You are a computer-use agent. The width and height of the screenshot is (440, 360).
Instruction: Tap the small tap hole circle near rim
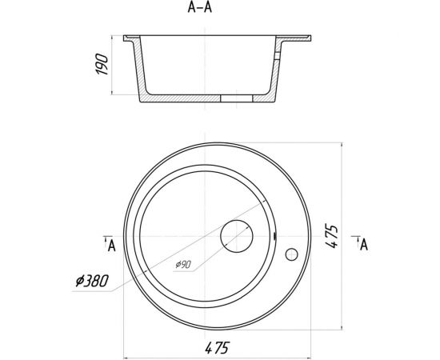[x=291, y=255]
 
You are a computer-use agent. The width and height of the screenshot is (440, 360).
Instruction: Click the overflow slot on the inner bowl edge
[x=275, y=236]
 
